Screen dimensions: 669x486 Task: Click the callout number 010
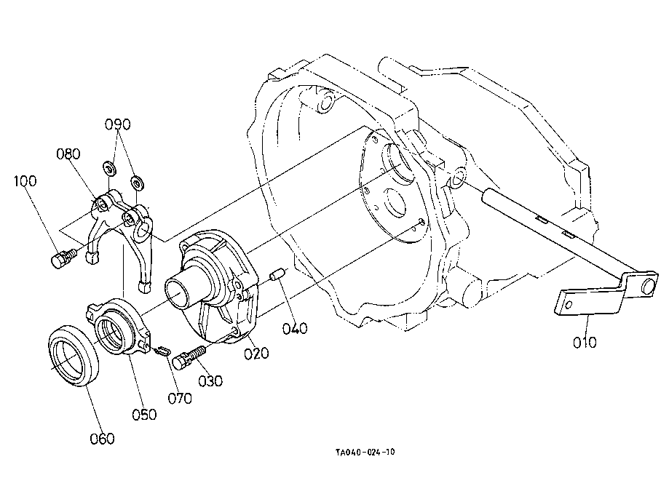click(x=585, y=342)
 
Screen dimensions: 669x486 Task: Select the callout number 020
click(x=256, y=353)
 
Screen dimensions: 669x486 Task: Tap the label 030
click(x=210, y=381)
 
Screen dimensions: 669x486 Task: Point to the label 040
click(x=295, y=328)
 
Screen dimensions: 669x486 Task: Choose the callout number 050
click(x=144, y=415)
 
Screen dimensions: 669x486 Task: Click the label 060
click(x=102, y=438)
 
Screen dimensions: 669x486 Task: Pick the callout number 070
click(x=180, y=399)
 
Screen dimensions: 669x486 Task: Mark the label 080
click(x=68, y=154)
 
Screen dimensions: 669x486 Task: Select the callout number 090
click(x=118, y=124)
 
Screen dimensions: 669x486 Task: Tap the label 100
click(x=25, y=180)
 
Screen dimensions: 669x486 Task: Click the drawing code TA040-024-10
click(x=365, y=452)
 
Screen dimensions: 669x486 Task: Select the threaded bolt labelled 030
click(x=189, y=357)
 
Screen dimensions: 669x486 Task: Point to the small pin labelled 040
click(x=277, y=274)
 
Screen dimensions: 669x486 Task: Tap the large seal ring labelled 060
click(x=74, y=356)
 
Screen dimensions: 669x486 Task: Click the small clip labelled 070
click(x=162, y=351)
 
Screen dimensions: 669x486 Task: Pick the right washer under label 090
click(x=137, y=183)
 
